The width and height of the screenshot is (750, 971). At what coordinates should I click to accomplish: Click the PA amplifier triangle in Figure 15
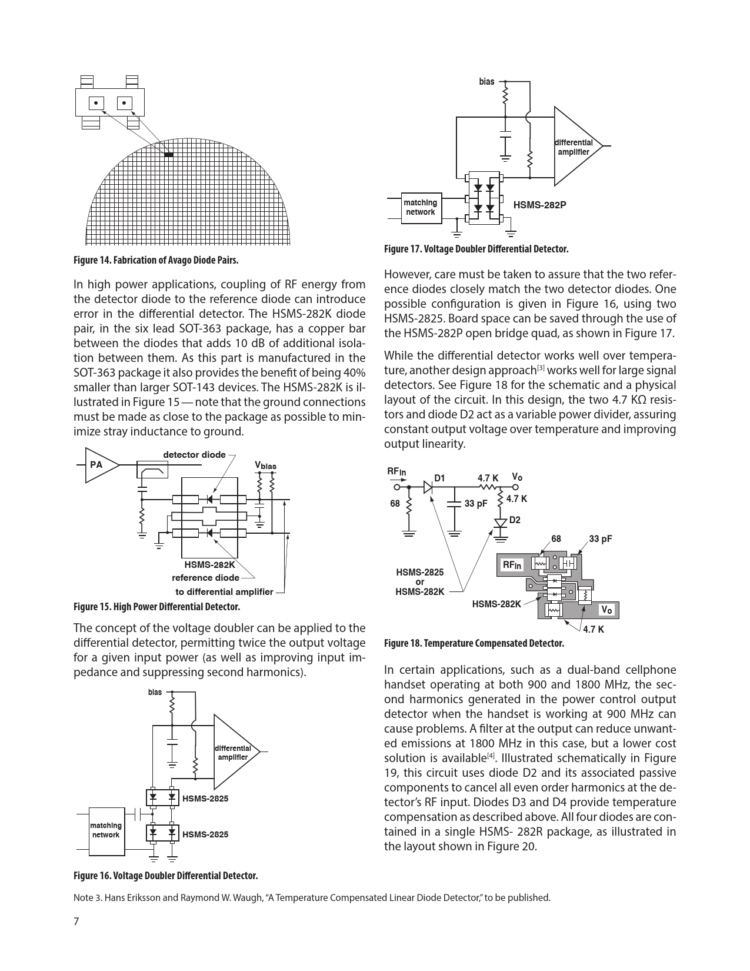tap(101, 465)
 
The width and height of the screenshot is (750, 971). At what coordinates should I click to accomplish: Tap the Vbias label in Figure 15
tap(265, 465)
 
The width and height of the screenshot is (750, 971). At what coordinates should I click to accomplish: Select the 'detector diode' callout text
tap(194, 454)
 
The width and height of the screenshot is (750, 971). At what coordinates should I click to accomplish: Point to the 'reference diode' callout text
tap(205, 577)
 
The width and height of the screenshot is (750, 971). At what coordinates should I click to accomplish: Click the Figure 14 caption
tap(156, 260)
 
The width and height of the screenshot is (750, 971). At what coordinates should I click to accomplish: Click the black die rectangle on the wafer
tap(169, 155)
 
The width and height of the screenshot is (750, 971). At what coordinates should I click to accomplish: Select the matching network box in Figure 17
tap(420, 207)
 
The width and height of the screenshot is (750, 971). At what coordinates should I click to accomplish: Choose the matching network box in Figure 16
tap(106, 830)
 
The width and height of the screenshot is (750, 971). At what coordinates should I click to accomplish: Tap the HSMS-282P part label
tap(539, 205)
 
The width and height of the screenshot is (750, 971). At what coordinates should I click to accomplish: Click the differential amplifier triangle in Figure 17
tap(573, 147)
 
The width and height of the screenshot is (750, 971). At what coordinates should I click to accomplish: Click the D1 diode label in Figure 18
tap(440, 477)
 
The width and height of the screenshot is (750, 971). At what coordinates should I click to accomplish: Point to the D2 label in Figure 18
tap(515, 520)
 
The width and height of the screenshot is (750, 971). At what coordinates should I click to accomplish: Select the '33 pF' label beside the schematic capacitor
tap(476, 504)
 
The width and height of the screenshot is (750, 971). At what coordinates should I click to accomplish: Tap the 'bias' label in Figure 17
tap(486, 82)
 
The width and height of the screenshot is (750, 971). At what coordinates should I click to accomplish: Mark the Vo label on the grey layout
tap(606, 610)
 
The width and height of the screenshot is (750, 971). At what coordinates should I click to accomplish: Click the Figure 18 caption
tap(474, 643)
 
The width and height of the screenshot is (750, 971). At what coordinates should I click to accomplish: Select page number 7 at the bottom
tap(76, 922)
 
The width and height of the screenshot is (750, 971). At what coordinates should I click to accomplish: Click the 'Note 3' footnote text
tap(312, 897)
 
